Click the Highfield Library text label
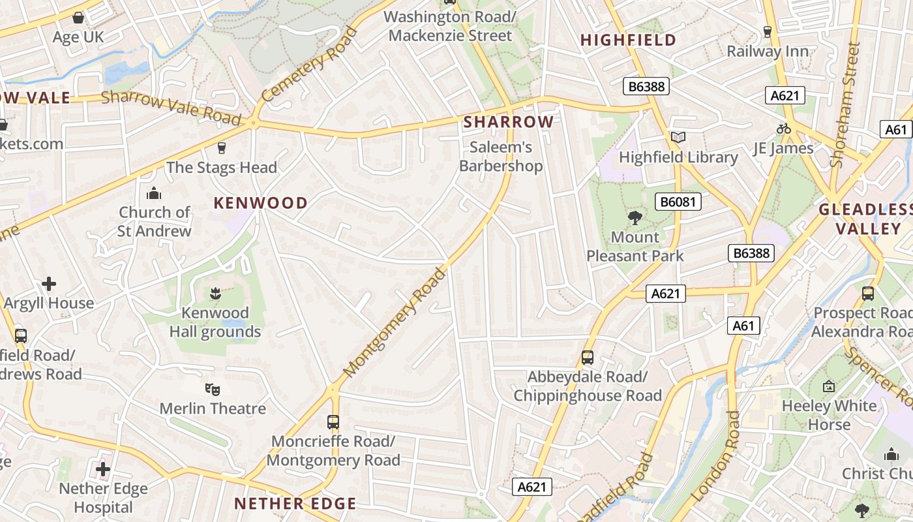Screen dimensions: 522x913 pos(678,157)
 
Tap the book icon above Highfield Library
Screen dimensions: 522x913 pos(678,137)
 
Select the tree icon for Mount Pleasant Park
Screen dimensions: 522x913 pos(635,218)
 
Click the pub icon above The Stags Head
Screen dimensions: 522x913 pos(221,148)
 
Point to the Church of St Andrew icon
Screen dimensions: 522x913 pos(154,193)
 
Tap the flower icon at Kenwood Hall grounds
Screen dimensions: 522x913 pos(215,294)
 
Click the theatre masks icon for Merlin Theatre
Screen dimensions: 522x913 pos(213,390)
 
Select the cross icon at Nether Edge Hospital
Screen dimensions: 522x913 pos(103,469)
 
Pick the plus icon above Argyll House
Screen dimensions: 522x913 pos(49,284)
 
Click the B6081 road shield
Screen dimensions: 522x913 pos(678,202)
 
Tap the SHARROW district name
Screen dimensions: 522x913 pos(509,122)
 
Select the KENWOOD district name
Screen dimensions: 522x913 pos(260,203)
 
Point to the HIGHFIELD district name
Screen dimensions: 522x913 pos(628,40)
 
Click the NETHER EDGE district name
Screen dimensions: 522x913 pos(295,504)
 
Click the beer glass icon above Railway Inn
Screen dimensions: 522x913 pos(768,31)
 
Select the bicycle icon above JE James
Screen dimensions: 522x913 pos(783,129)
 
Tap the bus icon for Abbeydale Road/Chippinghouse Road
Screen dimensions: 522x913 pos(588,358)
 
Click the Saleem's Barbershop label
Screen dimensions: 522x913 pos(501,157)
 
